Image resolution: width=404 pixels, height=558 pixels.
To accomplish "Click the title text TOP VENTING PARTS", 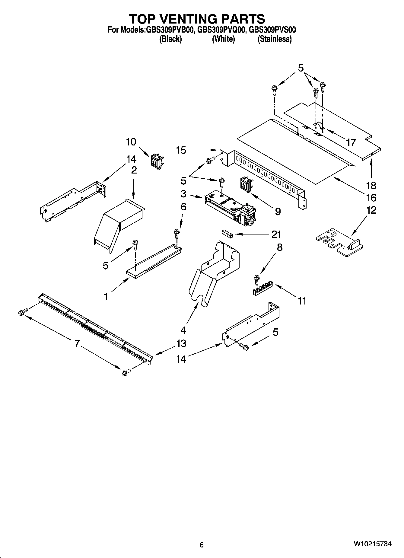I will (197, 19).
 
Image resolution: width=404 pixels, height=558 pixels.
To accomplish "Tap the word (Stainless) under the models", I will (274, 39).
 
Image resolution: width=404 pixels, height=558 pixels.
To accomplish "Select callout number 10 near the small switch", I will (131, 142).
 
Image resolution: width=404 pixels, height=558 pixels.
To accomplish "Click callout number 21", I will (276, 234).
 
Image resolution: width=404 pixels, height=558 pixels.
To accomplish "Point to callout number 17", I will (351, 142).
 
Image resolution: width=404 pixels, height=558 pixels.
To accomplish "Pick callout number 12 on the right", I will (371, 210).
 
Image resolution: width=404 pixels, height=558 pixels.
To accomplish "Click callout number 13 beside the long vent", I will (181, 343).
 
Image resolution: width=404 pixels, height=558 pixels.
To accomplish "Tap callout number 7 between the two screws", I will (77, 343).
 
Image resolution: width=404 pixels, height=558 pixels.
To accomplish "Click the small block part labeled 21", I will (226, 234).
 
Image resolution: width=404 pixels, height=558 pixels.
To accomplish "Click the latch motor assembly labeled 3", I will (229, 208).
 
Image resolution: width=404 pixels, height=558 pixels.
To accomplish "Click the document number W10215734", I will (373, 544).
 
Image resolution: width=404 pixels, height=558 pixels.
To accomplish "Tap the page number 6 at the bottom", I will (202, 545).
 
